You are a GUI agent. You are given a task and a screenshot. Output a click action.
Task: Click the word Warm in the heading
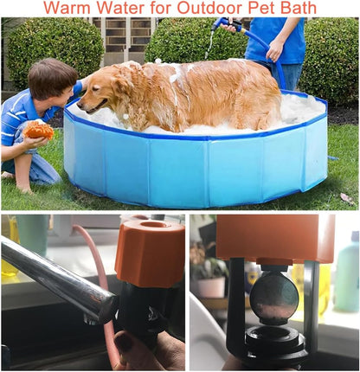[67, 8]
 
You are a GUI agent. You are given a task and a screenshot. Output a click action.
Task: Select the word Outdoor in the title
[209, 8]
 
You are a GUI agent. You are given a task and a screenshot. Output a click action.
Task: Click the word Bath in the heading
[300, 8]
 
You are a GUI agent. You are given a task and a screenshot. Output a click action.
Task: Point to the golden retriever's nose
[80, 105]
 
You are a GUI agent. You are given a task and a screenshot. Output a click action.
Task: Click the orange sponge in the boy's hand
[38, 130]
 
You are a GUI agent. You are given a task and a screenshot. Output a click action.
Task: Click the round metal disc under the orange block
[273, 297]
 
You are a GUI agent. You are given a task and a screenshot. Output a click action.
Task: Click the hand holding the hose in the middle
[275, 50]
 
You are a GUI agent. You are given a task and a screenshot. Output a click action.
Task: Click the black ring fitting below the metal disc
[275, 340]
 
